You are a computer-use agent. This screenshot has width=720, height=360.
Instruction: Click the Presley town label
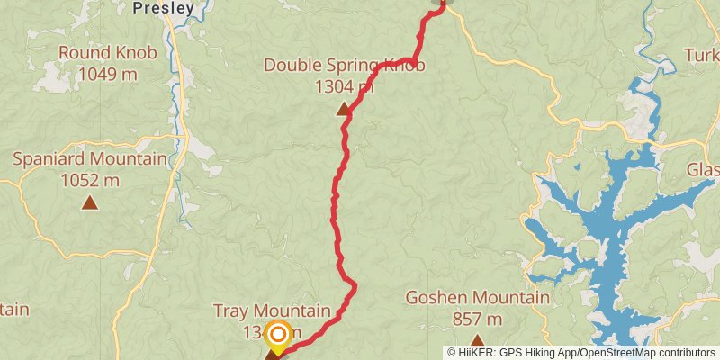pos(163,8)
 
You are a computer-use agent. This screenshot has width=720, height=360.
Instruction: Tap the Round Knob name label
pos(108,52)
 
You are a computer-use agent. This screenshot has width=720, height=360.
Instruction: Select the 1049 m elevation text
pos(108,74)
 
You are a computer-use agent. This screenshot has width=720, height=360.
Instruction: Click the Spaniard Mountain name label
pos(90,159)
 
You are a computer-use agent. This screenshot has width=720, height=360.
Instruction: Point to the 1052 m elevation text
pos(90,180)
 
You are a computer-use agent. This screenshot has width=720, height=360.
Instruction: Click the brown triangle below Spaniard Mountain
pos(90,203)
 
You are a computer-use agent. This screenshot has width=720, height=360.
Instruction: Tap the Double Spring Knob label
pos(344,65)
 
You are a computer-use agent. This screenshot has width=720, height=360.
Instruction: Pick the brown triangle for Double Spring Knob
pos(343,110)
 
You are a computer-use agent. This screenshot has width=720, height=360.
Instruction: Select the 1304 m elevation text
pos(344,86)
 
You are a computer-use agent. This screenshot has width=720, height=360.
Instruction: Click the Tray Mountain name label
pos(272,310)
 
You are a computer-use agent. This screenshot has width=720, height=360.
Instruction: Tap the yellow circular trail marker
pos(278,336)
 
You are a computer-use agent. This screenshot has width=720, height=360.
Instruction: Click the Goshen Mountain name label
pos(477,298)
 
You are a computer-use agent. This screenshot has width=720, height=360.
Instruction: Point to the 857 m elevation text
pos(477,319)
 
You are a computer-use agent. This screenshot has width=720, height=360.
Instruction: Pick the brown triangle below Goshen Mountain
pos(477,340)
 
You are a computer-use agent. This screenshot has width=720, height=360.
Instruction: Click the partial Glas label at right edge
pos(703,170)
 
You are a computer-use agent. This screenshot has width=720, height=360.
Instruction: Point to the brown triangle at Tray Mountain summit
pos(272,355)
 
